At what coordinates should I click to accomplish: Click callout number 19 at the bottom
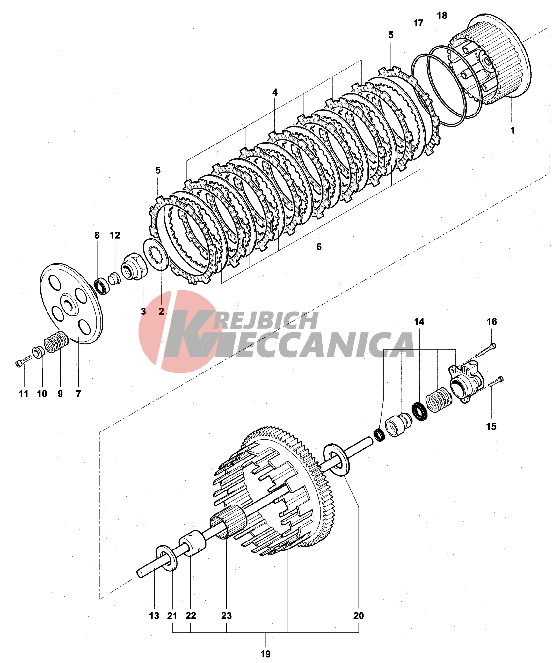click(265, 654)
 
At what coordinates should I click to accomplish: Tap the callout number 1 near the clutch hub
click(512, 130)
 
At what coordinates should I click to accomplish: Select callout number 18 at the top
click(442, 16)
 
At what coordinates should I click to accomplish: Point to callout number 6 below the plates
click(319, 247)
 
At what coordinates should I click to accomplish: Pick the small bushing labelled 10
click(39, 352)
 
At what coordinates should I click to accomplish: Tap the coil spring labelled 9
click(56, 342)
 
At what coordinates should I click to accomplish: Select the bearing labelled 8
click(102, 286)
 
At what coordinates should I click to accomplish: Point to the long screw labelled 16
click(485, 351)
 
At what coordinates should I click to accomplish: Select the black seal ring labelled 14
click(419, 411)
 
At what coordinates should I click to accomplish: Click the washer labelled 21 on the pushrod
click(166, 558)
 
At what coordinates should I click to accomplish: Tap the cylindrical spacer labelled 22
click(192, 542)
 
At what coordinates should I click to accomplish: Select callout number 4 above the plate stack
click(275, 92)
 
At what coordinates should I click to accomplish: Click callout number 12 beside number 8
click(115, 235)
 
